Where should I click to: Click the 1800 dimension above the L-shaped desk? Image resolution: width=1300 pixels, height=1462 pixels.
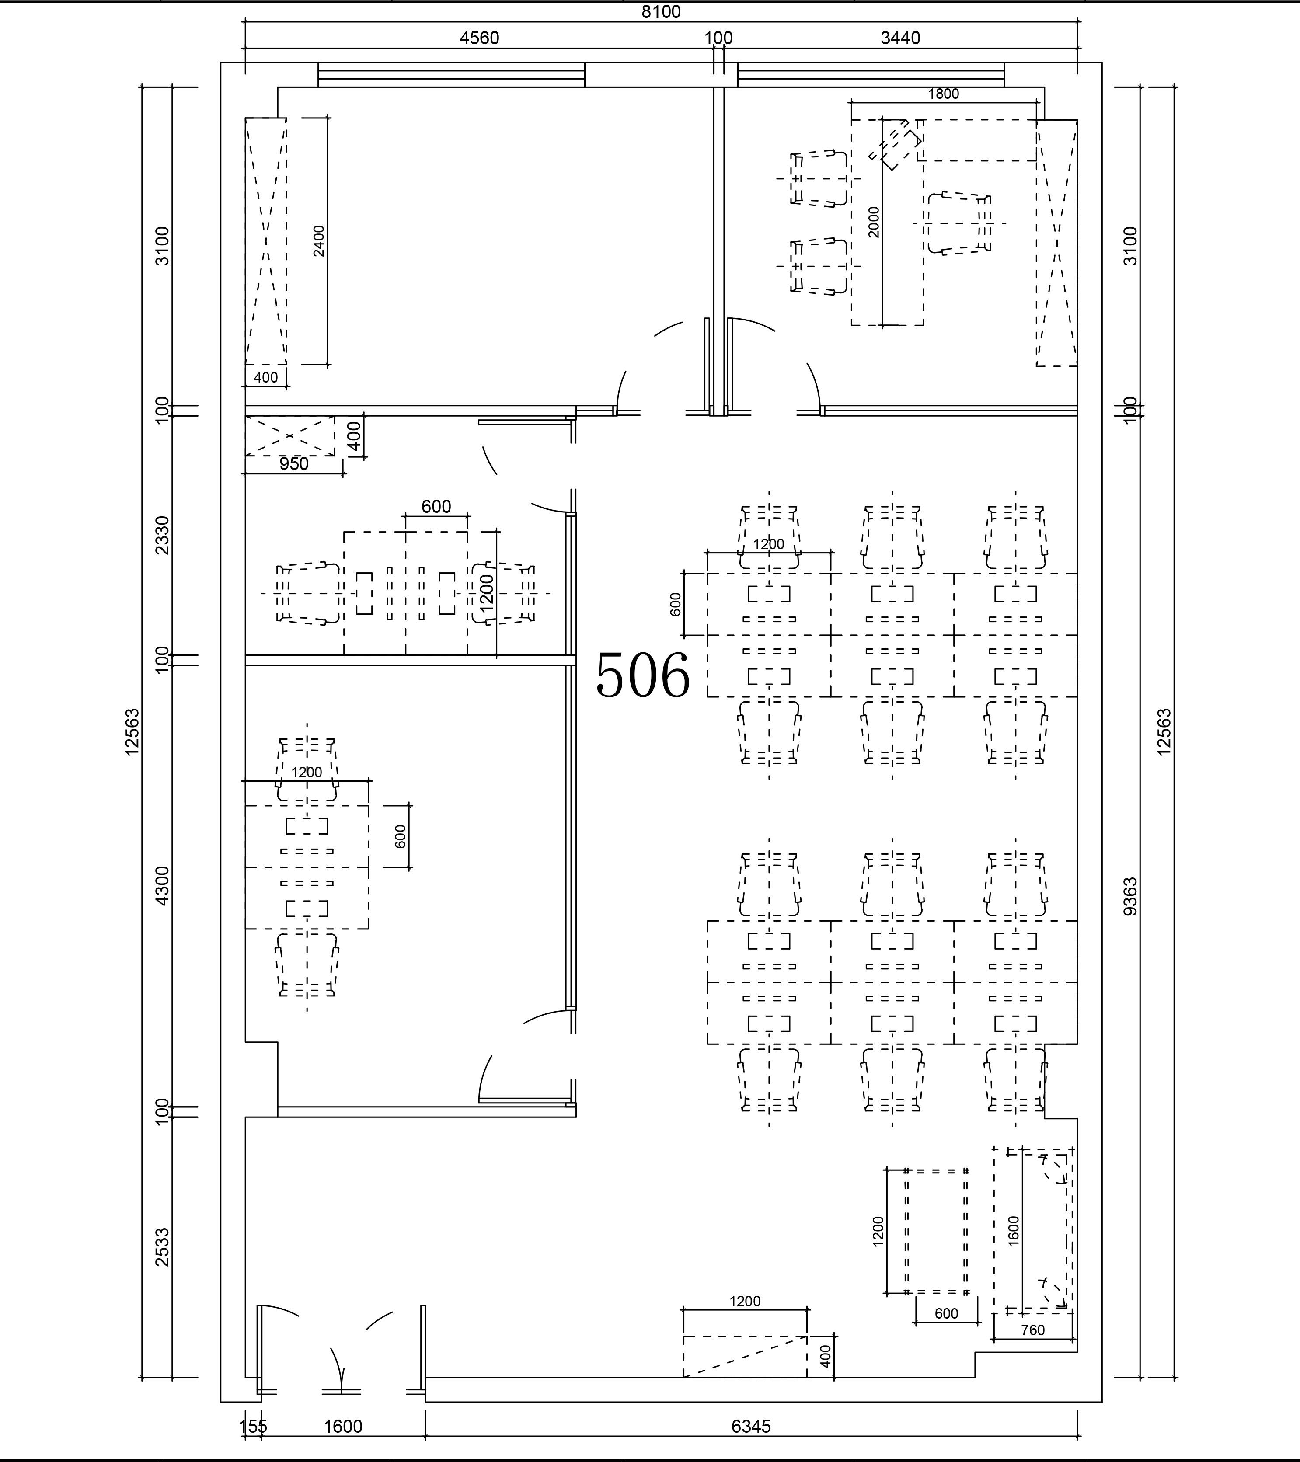943,94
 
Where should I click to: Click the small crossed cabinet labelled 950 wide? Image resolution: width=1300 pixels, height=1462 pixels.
290,435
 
